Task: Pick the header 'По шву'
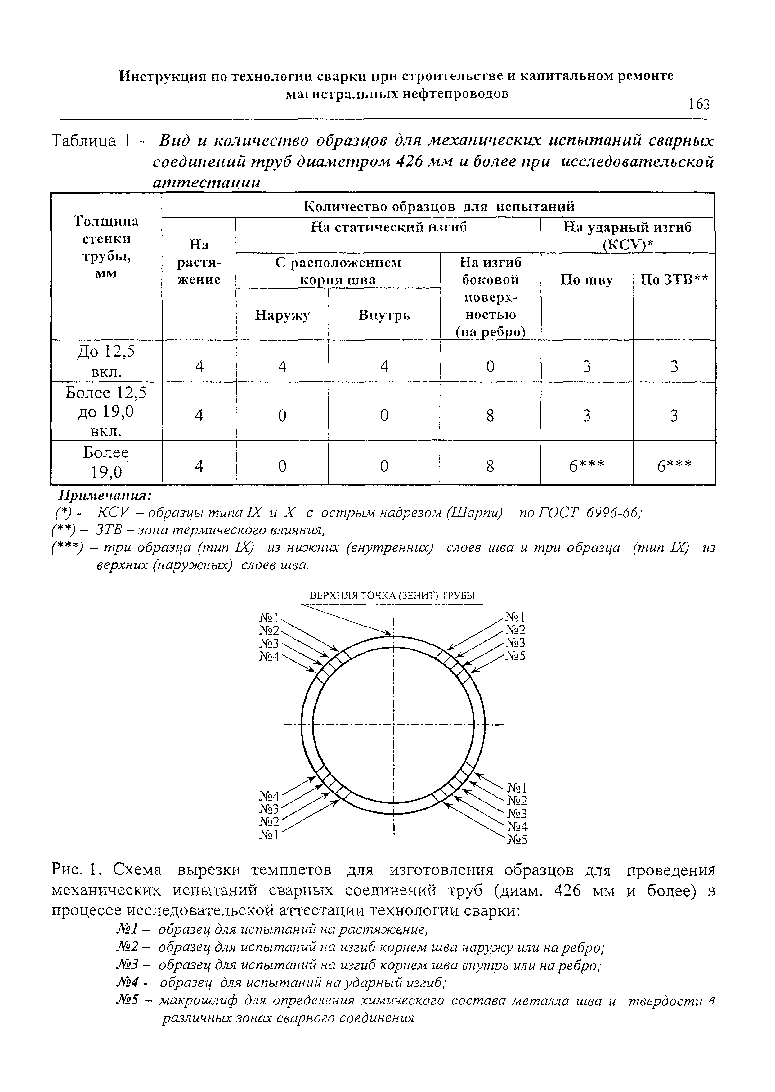tap(586, 280)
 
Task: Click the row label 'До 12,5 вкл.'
tap(106, 361)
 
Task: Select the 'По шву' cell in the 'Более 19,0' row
tap(586, 466)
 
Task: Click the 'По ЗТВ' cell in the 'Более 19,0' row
tap(674, 466)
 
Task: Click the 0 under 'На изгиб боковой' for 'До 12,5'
tap(490, 366)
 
